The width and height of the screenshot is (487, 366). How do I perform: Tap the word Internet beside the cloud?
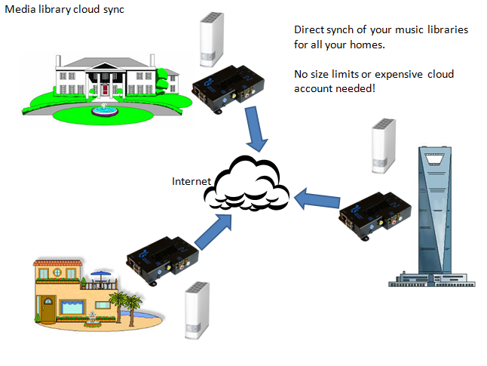click(x=192, y=181)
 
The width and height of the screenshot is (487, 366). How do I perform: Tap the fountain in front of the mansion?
click(x=98, y=111)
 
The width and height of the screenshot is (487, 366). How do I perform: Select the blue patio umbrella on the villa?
click(x=100, y=275)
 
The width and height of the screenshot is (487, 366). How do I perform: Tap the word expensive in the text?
click(x=421, y=75)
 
